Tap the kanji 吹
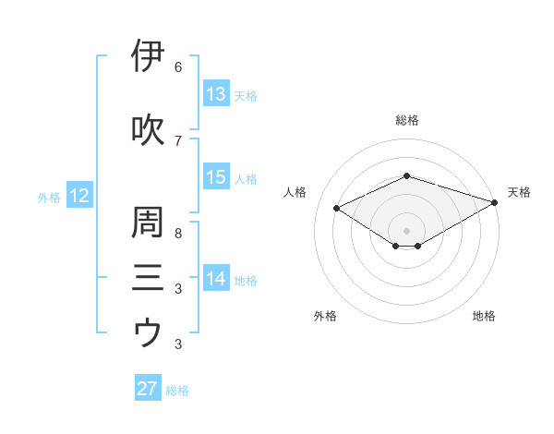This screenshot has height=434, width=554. click(148, 129)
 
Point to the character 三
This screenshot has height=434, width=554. click(148, 276)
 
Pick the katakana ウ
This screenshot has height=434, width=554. click(148, 331)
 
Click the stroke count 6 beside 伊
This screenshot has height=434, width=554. click(178, 67)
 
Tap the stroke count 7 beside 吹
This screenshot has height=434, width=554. click(178, 140)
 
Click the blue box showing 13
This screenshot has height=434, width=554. click(216, 94)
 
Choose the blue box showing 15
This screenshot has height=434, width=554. click(216, 177)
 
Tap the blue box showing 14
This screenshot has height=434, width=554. click(216, 279)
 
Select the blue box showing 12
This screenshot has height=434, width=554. click(79, 196)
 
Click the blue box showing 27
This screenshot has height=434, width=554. click(148, 388)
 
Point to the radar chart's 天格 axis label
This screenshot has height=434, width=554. click(519, 192)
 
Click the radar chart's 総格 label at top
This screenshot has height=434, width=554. click(407, 120)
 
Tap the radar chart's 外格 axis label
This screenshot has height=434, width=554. click(325, 316)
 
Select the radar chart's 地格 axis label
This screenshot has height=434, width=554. click(484, 316)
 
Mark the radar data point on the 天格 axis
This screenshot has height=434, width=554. click(495, 202)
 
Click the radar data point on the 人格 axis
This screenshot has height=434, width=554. click(337, 208)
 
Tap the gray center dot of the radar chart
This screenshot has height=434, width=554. click(406, 230)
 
